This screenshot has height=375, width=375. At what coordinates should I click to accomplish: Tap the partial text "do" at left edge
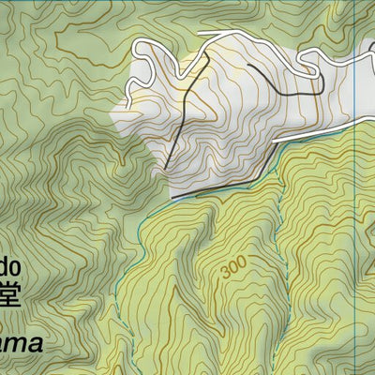tap(8, 260)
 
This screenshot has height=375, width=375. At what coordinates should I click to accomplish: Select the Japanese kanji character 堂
tap(8, 293)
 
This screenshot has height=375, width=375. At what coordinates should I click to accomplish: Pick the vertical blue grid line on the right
tap(357, 234)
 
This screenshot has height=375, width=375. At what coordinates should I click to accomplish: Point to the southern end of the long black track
tap(166, 170)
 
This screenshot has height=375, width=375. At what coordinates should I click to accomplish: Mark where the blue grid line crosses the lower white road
tap(357, 122)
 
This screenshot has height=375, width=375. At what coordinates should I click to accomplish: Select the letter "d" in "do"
tap(4, 260)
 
